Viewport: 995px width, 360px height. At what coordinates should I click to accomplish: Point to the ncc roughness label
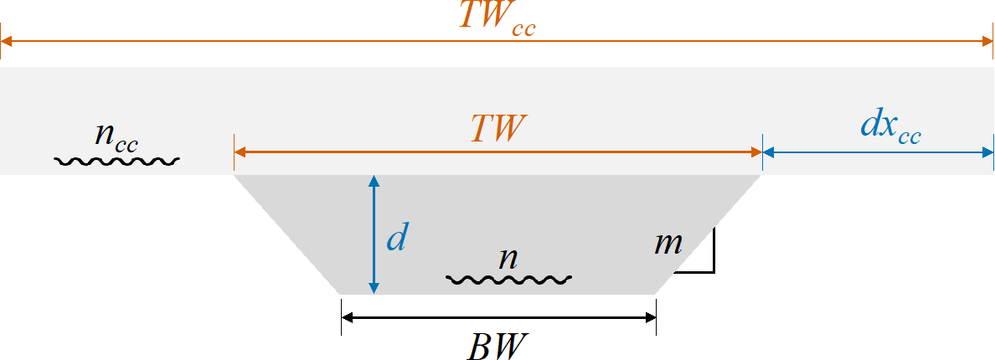point(116,136)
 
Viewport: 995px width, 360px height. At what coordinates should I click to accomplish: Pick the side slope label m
point(668,244)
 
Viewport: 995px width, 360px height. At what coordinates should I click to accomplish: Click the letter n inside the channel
point(508,258)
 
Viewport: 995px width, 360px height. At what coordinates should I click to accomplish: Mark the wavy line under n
point(508,278)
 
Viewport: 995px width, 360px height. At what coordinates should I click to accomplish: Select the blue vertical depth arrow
point(374,234)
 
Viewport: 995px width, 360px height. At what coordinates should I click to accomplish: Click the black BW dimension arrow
point(498,317)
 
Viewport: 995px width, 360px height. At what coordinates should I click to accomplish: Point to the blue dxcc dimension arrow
point(878,152)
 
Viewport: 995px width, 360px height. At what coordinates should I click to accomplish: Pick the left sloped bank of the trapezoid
point(286,234)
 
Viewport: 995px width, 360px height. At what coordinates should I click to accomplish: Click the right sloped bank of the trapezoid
point(709,234)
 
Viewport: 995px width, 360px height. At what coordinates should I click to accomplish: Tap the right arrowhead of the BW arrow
point(650,317)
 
